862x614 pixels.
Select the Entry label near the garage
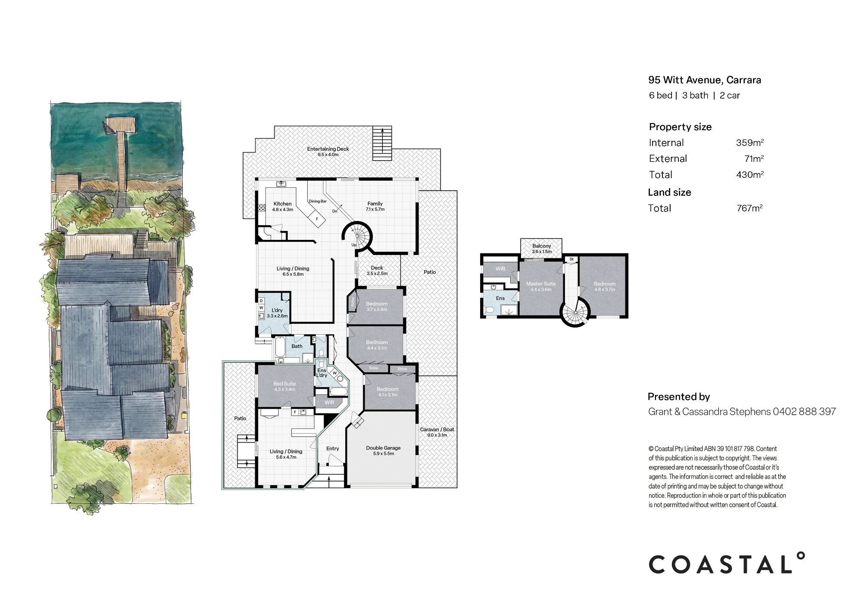tap(332, 448)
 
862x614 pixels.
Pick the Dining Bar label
tap(318, 201)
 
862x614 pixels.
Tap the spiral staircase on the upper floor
tap(575, 312)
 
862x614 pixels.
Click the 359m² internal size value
tap(750, 143)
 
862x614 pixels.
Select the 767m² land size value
tap(750, 208)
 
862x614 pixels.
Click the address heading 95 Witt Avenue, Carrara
tap(705, 80)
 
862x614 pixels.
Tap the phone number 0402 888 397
tap(804, 412)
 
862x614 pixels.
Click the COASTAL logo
tap(727, 563)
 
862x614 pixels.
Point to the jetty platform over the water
tap(122, 125)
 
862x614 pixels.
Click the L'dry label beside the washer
tap(277, 310)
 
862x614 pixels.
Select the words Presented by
tap(679, 397)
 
